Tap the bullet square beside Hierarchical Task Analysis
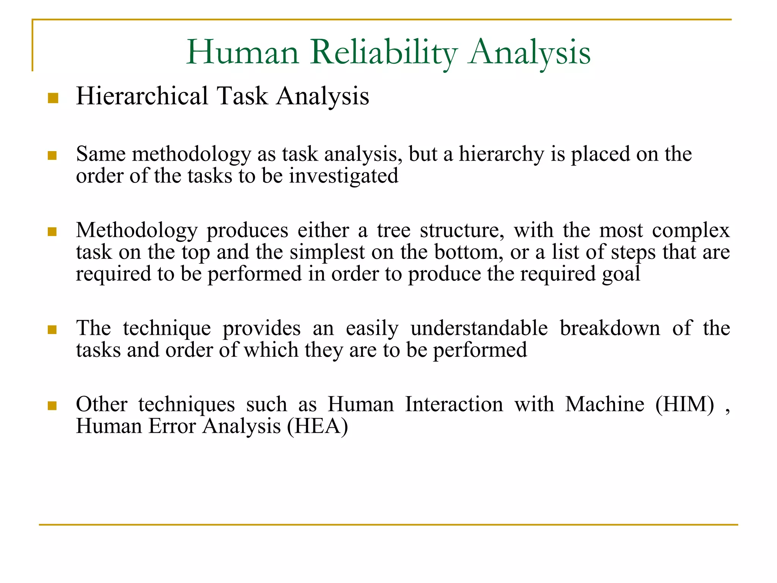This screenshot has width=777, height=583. pos(53,98)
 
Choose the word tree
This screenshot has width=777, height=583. pos(393,230)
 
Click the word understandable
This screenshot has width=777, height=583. pos(479,328)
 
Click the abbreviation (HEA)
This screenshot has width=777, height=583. pos(317,427)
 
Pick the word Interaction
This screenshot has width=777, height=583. pos(454,404)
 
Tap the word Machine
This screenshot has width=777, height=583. pos(604,404)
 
